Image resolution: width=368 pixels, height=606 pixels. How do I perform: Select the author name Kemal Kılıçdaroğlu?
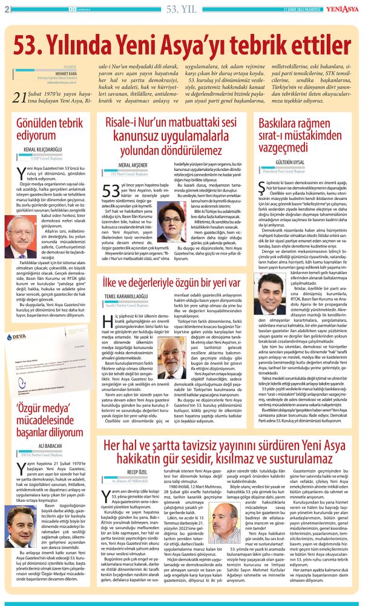point(45,148)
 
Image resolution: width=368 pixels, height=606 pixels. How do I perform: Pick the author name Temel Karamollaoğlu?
point(132,296)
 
